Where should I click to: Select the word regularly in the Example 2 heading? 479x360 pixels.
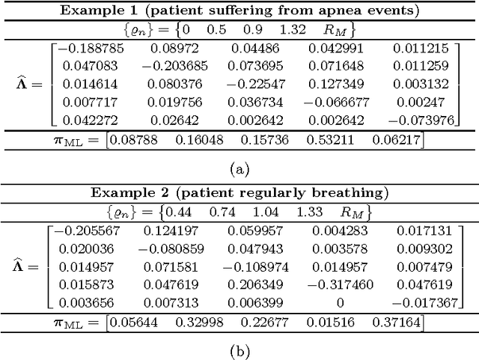pos(275,192)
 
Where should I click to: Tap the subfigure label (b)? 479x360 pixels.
pos(239,350)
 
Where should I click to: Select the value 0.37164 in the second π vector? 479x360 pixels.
pos(401,321)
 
